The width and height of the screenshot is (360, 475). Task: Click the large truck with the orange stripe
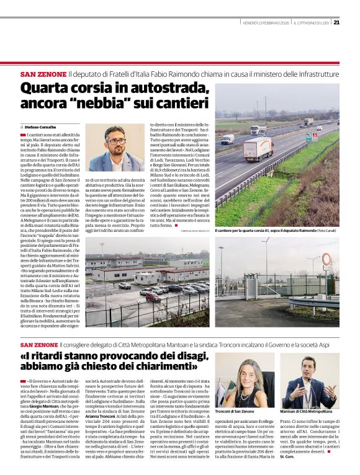(x=258, y=149)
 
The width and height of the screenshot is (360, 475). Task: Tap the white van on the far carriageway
(x=227, y=140)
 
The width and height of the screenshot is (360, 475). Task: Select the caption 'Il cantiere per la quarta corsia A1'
(x=248, y=231)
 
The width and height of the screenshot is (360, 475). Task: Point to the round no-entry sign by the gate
(x=326, y=259)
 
